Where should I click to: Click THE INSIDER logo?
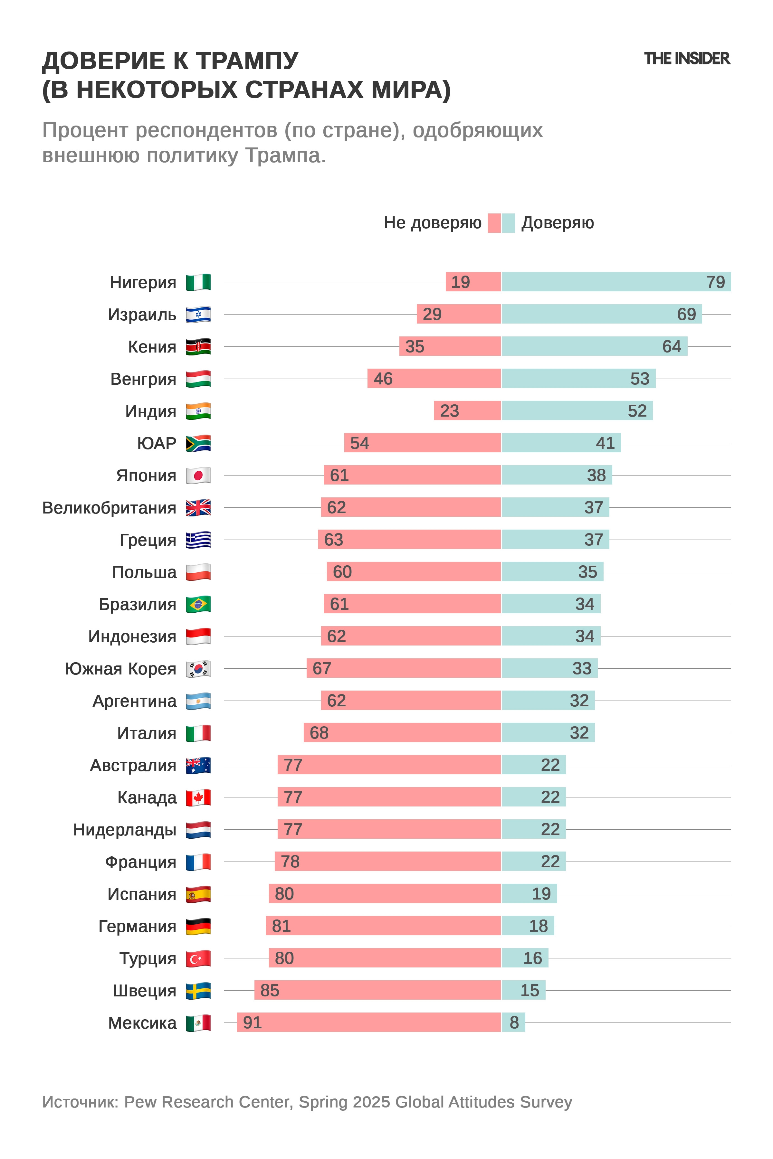686,58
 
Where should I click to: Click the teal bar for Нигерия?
616,282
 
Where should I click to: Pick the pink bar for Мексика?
369,1022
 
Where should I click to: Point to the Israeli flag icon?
198,315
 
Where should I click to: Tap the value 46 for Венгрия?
383,379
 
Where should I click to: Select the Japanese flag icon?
198,476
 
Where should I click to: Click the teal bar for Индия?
577,410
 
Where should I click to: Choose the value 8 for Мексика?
514,1022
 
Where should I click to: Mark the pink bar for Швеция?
377,990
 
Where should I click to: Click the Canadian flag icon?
198,797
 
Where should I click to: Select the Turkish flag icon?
198,958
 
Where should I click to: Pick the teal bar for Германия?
528,926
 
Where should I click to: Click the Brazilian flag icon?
198,604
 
